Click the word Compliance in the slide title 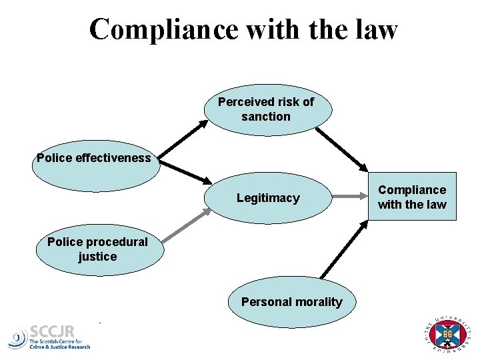click(x=163, y=29)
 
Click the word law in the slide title click(x=376, y=29)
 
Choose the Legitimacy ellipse click(x=268, y=198)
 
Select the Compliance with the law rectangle click(x=411, y=197)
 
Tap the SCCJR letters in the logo click(x=53, y=331)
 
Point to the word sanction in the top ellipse click(x=266, y=117)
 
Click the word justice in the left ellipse click(x=97, y=257)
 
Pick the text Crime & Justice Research click(x=59, y=347)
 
